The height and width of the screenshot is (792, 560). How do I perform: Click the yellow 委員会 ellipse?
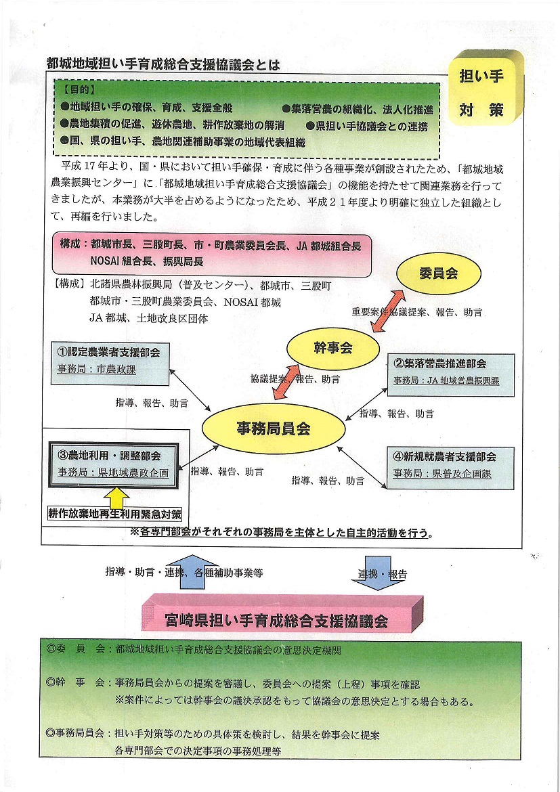[x=438, y=273]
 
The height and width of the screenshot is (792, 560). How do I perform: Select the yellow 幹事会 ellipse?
[x=332, y=347]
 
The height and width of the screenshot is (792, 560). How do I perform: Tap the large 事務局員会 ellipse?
[x=274, y=429]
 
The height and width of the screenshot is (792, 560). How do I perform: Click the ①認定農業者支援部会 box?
[x=110, y=363]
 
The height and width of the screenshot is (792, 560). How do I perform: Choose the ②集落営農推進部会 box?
[x=451, y=375]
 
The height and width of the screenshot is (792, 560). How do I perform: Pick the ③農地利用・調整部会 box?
[x=114, y=464]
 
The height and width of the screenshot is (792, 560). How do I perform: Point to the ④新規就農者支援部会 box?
[x=450, y=467]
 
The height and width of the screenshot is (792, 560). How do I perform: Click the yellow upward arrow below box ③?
[x=116, y=497]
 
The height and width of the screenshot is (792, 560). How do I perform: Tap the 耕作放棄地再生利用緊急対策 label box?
[x=114, y=514]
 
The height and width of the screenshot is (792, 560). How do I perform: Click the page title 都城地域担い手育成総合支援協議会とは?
[x=163, y=65]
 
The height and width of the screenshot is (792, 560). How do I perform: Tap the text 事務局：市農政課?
[x=97, y=370]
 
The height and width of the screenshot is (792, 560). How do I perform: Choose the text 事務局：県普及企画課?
[x=443, y=474]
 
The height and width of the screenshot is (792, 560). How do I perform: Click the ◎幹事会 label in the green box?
[x=75, y=684]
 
